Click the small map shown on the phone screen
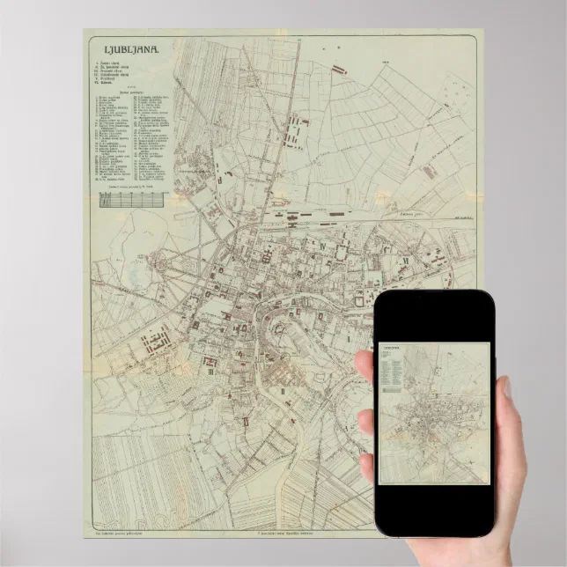coord(433,413)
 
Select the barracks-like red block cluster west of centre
coord(158,339)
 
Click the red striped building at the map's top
coord(339,68)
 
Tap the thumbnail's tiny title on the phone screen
coord(391,350)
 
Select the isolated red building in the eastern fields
coord(429,173)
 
